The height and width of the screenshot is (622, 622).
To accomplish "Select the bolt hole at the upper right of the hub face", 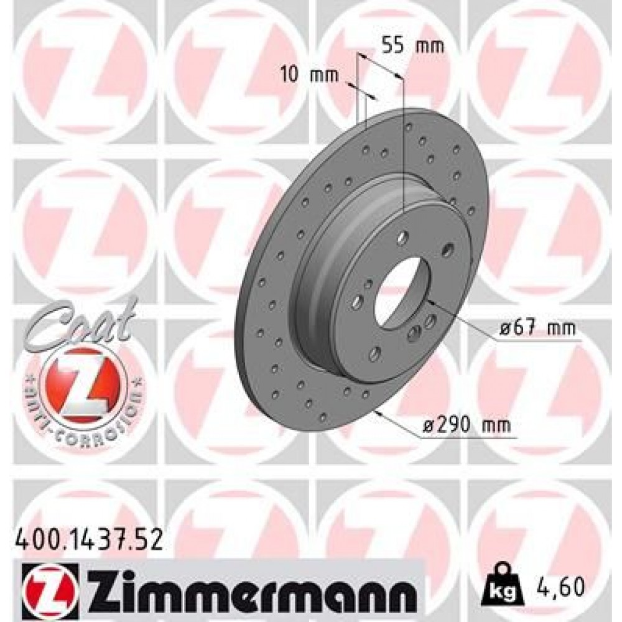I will (447, 250).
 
